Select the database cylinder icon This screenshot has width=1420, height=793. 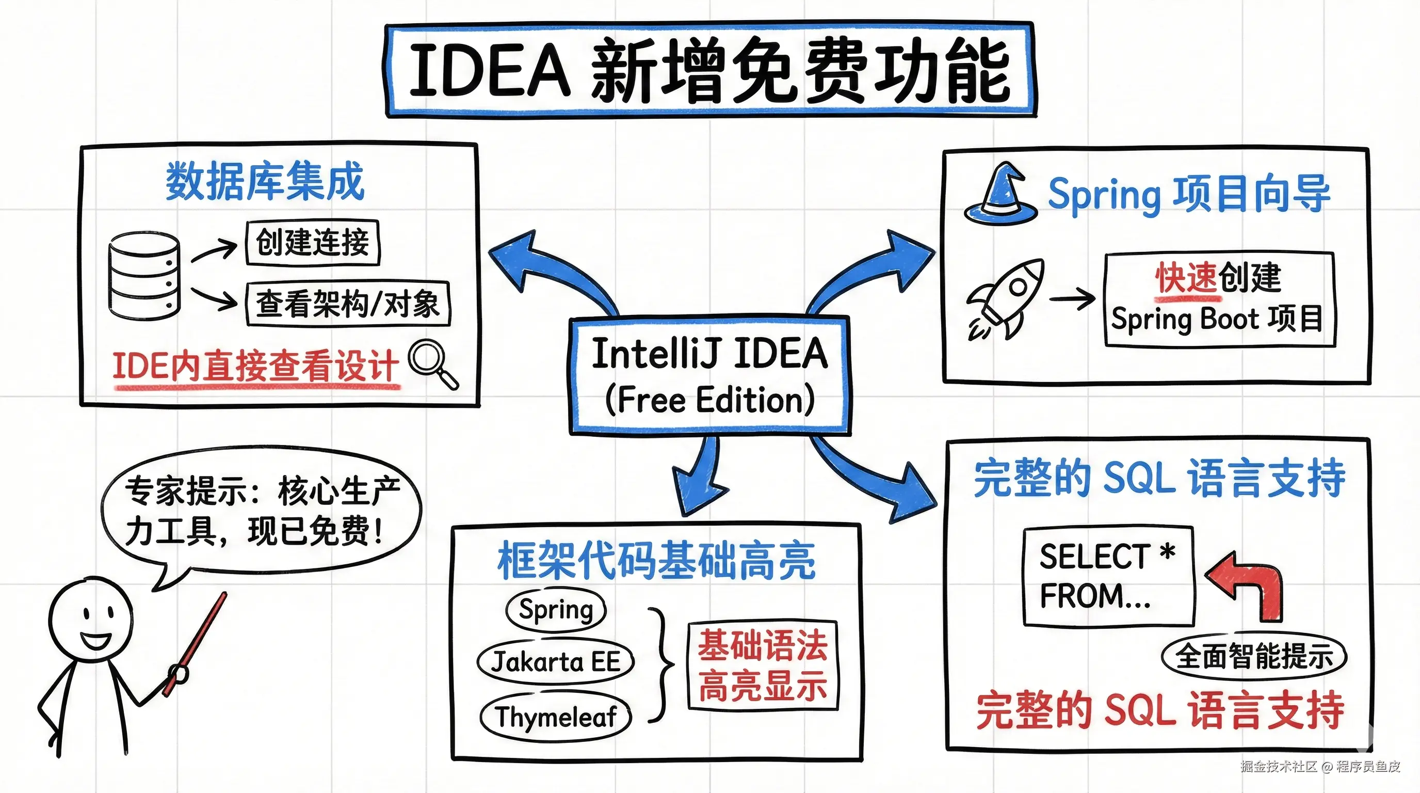point(144,276)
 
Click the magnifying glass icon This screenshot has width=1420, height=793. point(433,364)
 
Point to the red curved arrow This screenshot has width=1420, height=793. point(1245,585)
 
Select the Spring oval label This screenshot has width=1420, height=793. point(556,609)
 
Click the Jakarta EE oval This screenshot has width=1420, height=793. point(556,662)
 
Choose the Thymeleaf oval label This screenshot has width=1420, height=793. point(556,717)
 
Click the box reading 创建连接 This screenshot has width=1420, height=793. point(313,242)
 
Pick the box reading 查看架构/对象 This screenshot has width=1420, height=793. point(348,304)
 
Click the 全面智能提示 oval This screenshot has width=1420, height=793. point(1254,656)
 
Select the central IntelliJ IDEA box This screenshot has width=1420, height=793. point(710,375)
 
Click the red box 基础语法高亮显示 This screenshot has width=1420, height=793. point(763,665)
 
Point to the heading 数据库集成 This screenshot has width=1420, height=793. point(265,181)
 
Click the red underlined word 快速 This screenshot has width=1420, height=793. point(1186,278)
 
